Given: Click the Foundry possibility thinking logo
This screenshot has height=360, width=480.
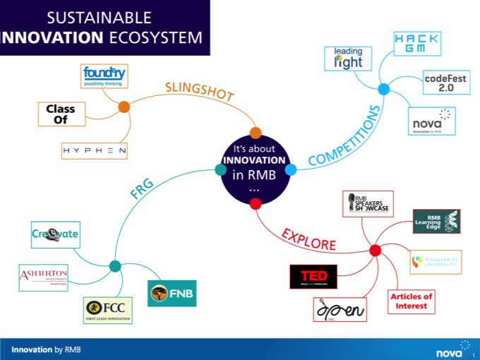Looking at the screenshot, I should (104, 76).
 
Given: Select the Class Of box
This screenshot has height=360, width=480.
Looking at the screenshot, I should (61, 115).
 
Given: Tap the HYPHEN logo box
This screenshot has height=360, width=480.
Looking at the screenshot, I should (94, 150).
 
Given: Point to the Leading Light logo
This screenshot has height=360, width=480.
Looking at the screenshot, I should (347, 59).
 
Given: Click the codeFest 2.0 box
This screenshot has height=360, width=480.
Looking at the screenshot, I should (443, 83).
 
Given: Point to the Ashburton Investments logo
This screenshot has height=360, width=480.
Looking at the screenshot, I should (44, 277).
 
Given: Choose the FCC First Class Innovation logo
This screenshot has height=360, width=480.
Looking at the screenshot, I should (107, 308).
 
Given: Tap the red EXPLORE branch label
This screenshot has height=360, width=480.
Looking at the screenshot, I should (308, 239).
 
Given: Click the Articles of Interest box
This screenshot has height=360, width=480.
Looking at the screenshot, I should (411, 301).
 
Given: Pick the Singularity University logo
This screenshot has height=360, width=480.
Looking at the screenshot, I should (436, 262).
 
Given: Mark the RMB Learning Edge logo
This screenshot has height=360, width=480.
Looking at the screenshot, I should (436, 222).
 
